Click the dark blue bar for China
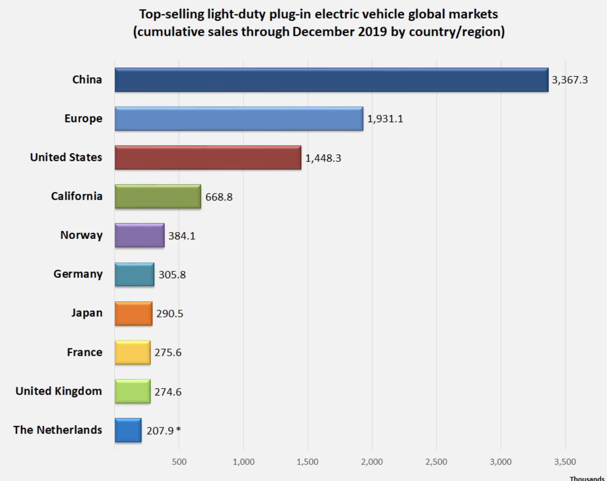point(331,80)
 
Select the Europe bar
point(239,119)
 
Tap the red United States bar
point(208,158)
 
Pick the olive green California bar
point(158,197)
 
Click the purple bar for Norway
point(140,235)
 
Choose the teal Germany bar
point(134,274)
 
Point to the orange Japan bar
point(133,313)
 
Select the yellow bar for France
point(132,352)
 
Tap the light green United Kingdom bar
point(132,391)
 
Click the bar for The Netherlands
point(128,430)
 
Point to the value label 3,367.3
point(570,80)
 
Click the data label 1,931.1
point(385,119)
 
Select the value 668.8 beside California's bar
point(219,197)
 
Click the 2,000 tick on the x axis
point(372,462)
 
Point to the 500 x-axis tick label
point(179,462)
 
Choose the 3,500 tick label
point(565,462)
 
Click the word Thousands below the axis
point(587,478)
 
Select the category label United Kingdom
point(59,391)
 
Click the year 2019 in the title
point(372,31)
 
